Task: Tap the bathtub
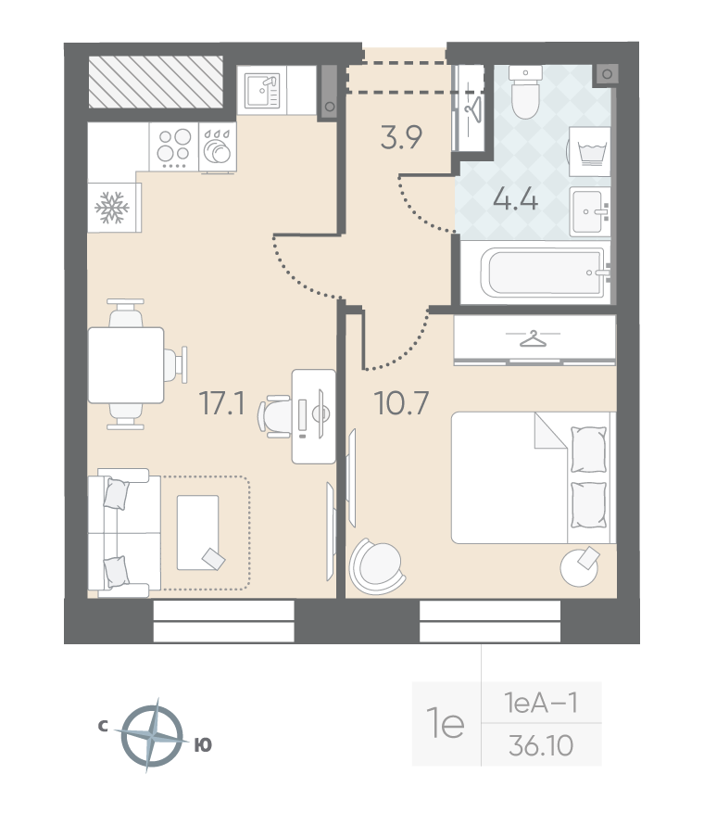[544, 272]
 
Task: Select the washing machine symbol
[589, 151]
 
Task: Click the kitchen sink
[262, 90]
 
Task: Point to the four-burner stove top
[174, 146]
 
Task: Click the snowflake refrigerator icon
[112, 207]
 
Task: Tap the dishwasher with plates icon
[218, 146]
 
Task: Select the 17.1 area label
[222, 403]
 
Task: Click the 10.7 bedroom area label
[402, 403]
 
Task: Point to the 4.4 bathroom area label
[515, 199]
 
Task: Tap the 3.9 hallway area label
[402, 137]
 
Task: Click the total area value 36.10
[541, 745]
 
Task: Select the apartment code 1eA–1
[541, 703]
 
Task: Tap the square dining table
[126, 364]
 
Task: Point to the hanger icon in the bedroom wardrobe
[534, 338]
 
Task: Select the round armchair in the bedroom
[376, 566]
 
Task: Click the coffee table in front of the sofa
[197, 532]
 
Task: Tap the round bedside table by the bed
[579, 567]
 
